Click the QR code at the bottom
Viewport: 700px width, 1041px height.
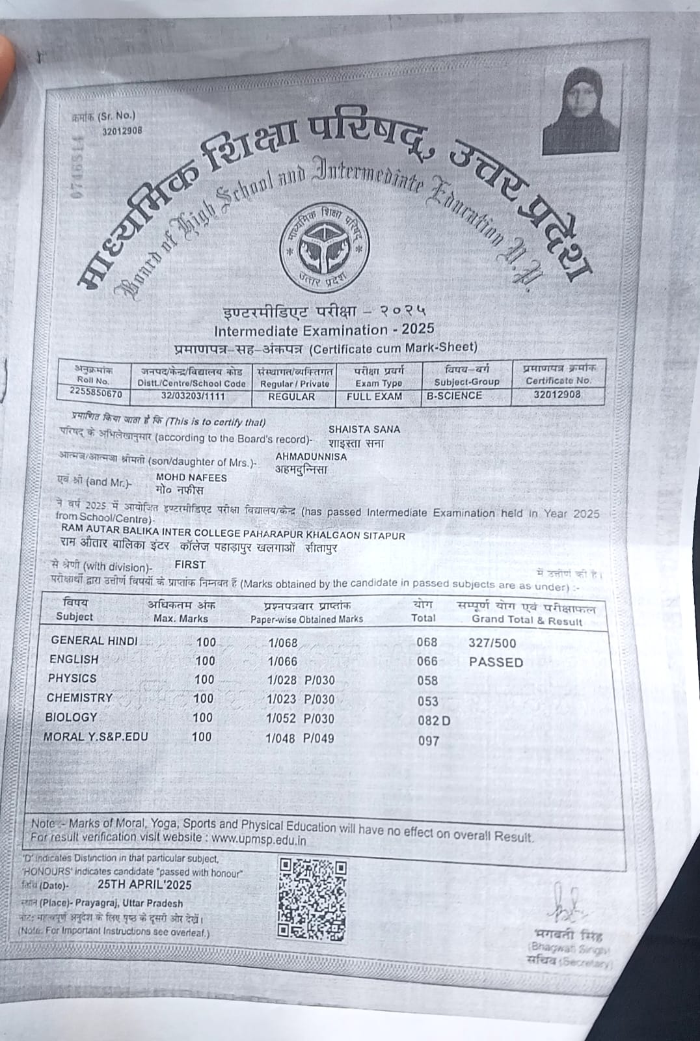[x=312, y=900]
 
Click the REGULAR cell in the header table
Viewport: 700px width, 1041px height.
[x=291, y=397]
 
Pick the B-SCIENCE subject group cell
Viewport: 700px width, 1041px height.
[x=454, y=396]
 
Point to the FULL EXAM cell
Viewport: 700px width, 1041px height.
[x=374, y=396]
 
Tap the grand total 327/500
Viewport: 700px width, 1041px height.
[x=492, y=643]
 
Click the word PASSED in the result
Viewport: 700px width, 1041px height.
[x=496, y=662]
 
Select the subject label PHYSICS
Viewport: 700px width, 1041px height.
[x=72, y=678]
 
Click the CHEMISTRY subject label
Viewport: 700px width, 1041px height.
[x=79, y=697]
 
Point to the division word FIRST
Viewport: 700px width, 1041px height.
[x=190, y=565]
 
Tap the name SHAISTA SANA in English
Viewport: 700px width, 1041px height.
[x=364, y=429]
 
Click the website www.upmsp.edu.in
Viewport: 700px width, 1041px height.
[x=258, y=839]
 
